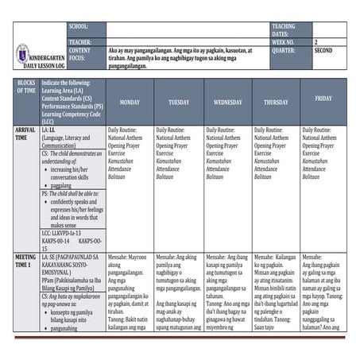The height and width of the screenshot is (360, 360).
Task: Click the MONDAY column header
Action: pyautogui.click(x=129, y=103)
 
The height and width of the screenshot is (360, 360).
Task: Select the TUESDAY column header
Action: pyautogui.click(x=178, y=103)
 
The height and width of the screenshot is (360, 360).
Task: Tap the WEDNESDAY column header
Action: pyautogui.click(x=227, y=103)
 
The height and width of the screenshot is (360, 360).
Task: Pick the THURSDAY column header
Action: pyautogui.click(x=276, y=103)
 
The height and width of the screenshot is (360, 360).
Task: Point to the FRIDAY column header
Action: pyautogui.click(x=323, y=99)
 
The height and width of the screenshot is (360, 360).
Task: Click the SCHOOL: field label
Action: pyautogui.click(x=79, y=26)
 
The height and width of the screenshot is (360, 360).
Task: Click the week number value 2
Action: pyautogui.click(x=316, y=42)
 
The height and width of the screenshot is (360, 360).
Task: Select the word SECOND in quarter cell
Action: pyautogui.click(x=323, y=50)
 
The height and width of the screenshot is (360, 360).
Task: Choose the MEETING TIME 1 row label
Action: pyautogui.click(x=25, y=261)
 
